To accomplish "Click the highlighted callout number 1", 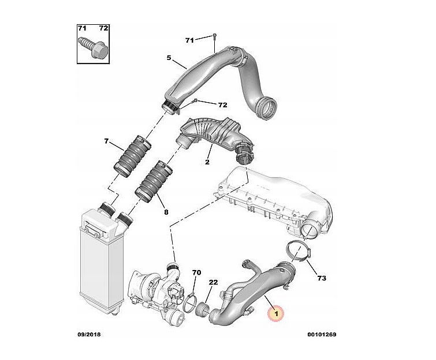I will point(275,314).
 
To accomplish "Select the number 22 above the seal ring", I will point(213,282).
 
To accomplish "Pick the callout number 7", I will point(106,141).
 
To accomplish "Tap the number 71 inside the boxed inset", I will point(81,28).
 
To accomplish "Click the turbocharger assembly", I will point(158,291).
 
